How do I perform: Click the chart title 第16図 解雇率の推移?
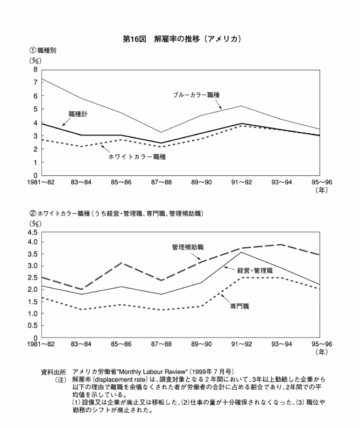coord(180,39)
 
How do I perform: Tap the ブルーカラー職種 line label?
coord(196,94)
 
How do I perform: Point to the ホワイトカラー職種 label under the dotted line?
coord(137,157)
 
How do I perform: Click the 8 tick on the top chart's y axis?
coord(36,69)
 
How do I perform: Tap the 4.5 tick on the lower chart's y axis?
coord(32,232)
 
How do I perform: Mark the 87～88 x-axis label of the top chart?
coord(161,183)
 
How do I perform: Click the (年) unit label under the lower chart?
coord(322,353)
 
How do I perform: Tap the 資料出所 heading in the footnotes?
coord(53,371)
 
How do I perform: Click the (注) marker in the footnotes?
coord(59,379)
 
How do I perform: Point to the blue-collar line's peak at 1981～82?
coord(41,78)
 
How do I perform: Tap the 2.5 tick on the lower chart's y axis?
coord(32,277)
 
